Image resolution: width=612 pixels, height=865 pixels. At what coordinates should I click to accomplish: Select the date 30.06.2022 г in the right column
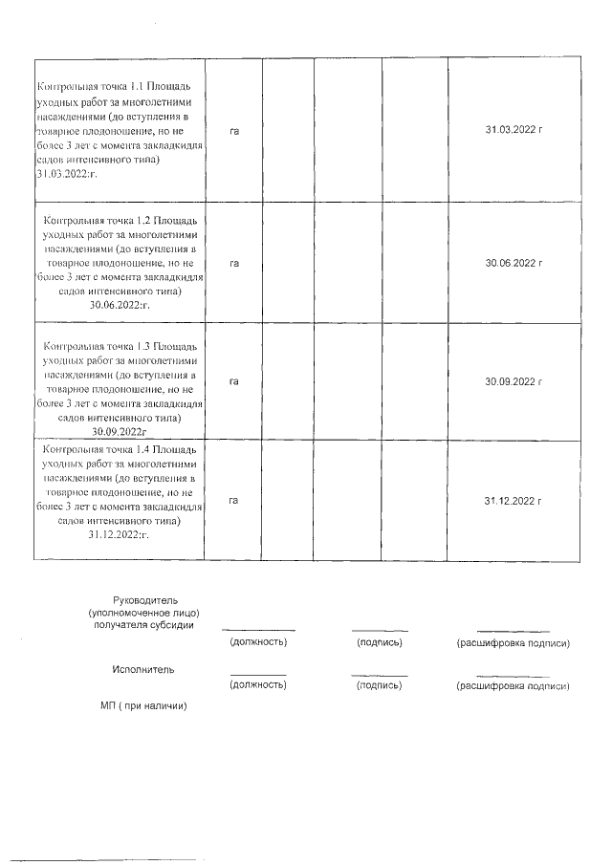tap(514, 262)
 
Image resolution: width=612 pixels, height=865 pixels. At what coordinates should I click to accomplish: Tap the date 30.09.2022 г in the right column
tap(514, 381)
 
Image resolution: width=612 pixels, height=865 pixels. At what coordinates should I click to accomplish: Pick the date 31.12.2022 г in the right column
tap(514, 500)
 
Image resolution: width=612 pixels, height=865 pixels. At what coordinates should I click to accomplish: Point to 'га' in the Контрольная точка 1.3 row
tap(233, 381)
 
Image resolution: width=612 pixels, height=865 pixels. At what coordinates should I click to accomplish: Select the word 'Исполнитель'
tap(143, 670)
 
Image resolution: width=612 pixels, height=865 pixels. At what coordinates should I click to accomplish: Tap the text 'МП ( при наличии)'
tap(142, 706)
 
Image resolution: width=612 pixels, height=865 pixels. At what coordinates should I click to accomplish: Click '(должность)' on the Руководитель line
tap(258, 643)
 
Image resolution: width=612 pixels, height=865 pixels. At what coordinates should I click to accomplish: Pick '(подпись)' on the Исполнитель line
tap(379, 686)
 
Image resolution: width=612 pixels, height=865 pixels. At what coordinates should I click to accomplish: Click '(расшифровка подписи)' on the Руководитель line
tap(514, 643)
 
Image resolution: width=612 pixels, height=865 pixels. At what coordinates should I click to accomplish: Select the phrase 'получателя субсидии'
tap(143, 625)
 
